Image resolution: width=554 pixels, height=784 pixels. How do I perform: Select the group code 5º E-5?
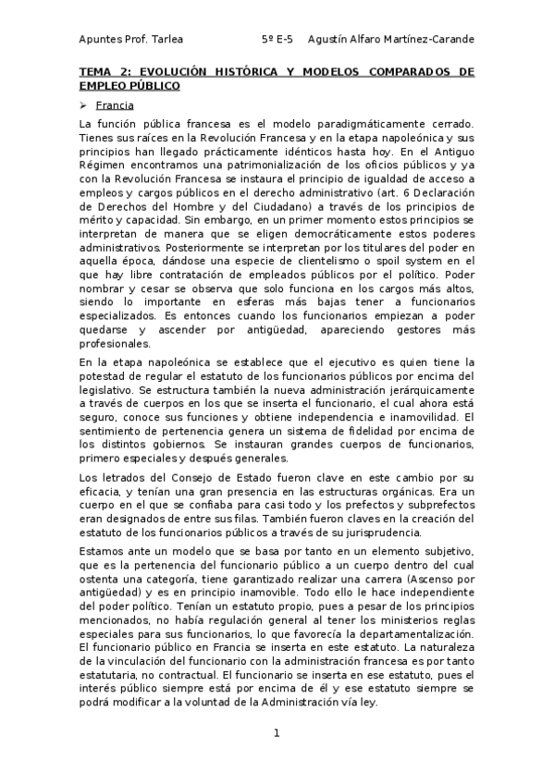pyautogui.click(x=277, y=40)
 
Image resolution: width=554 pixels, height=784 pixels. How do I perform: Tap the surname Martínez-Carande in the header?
pyautogui.click(x=426, y=40)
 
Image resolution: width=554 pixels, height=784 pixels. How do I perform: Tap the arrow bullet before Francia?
pyautogui.click(x=84, y=104)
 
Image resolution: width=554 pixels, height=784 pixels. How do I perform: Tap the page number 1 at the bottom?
pyautogui.click(x=276, y=733)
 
